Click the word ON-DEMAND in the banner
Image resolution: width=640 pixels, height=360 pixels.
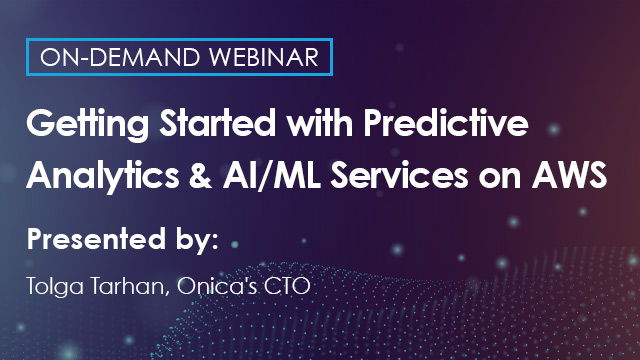tap(105, 57)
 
